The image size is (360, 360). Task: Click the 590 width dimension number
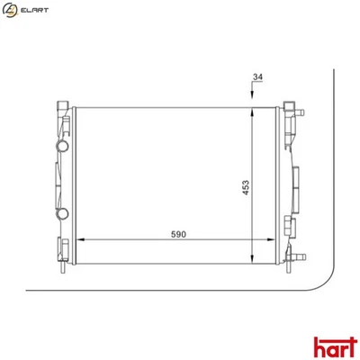click(x=178, y=234)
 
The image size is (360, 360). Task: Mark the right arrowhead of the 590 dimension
click(x=266, y=240)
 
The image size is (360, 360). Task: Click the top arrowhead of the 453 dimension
click(x=253, y=109)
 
